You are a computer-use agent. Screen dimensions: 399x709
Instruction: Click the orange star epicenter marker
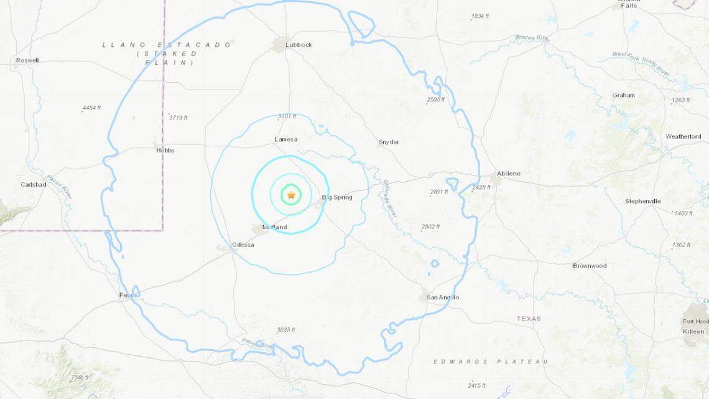(291, 195)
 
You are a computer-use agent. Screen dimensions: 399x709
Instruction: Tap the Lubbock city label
(299, 45)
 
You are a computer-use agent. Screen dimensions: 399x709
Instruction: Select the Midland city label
(274, 227)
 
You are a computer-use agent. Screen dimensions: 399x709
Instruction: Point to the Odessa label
(243, 245)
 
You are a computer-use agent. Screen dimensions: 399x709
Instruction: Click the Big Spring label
(337, 197)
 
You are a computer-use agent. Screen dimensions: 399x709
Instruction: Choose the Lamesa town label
(285, 139)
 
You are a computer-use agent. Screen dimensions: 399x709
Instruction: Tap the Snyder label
(389, 142)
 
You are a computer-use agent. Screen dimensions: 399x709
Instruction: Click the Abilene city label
(509, 173)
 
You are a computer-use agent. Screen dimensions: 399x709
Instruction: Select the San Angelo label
(443, 297)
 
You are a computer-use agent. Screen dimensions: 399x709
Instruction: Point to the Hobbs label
(165, 150)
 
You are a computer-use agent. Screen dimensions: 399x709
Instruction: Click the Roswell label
(27, 60)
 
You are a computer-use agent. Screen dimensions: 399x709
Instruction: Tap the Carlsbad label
(34, 184)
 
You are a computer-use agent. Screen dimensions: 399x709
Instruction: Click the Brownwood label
(590, 266)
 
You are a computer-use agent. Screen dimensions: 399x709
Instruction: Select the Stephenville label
(643, 201)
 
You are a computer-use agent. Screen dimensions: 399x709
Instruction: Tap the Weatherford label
(683, 136)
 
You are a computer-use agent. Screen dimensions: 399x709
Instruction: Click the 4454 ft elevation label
(91, 108)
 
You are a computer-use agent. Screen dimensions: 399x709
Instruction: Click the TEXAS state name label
(529, 319)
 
